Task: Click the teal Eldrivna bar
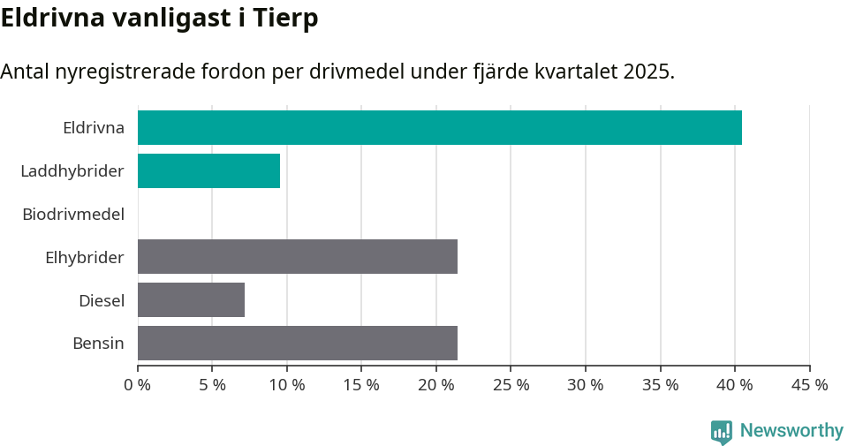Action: coord(439,127)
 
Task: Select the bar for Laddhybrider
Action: coord(208,170)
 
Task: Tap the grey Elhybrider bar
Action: coord(297,256)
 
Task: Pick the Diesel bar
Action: coord(191,299)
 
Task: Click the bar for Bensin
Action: coord(297,343)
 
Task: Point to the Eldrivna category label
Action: coord(94,127)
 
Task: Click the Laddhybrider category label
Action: coord(72,170)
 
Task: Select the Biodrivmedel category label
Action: coord(73,214)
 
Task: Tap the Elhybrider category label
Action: coord(85,257)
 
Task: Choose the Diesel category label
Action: coord(102,300)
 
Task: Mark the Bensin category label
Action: coord(98,343)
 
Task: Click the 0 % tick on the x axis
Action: coord(138,385)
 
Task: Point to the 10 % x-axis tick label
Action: coord(287,385)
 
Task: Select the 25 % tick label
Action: coord(511,385)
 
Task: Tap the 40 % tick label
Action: coord(735,385)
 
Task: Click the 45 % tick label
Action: coord(809,385)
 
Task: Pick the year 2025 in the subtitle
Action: coord(646,72)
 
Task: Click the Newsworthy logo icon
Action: coord(722,431)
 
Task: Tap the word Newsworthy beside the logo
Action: coord(791,431)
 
